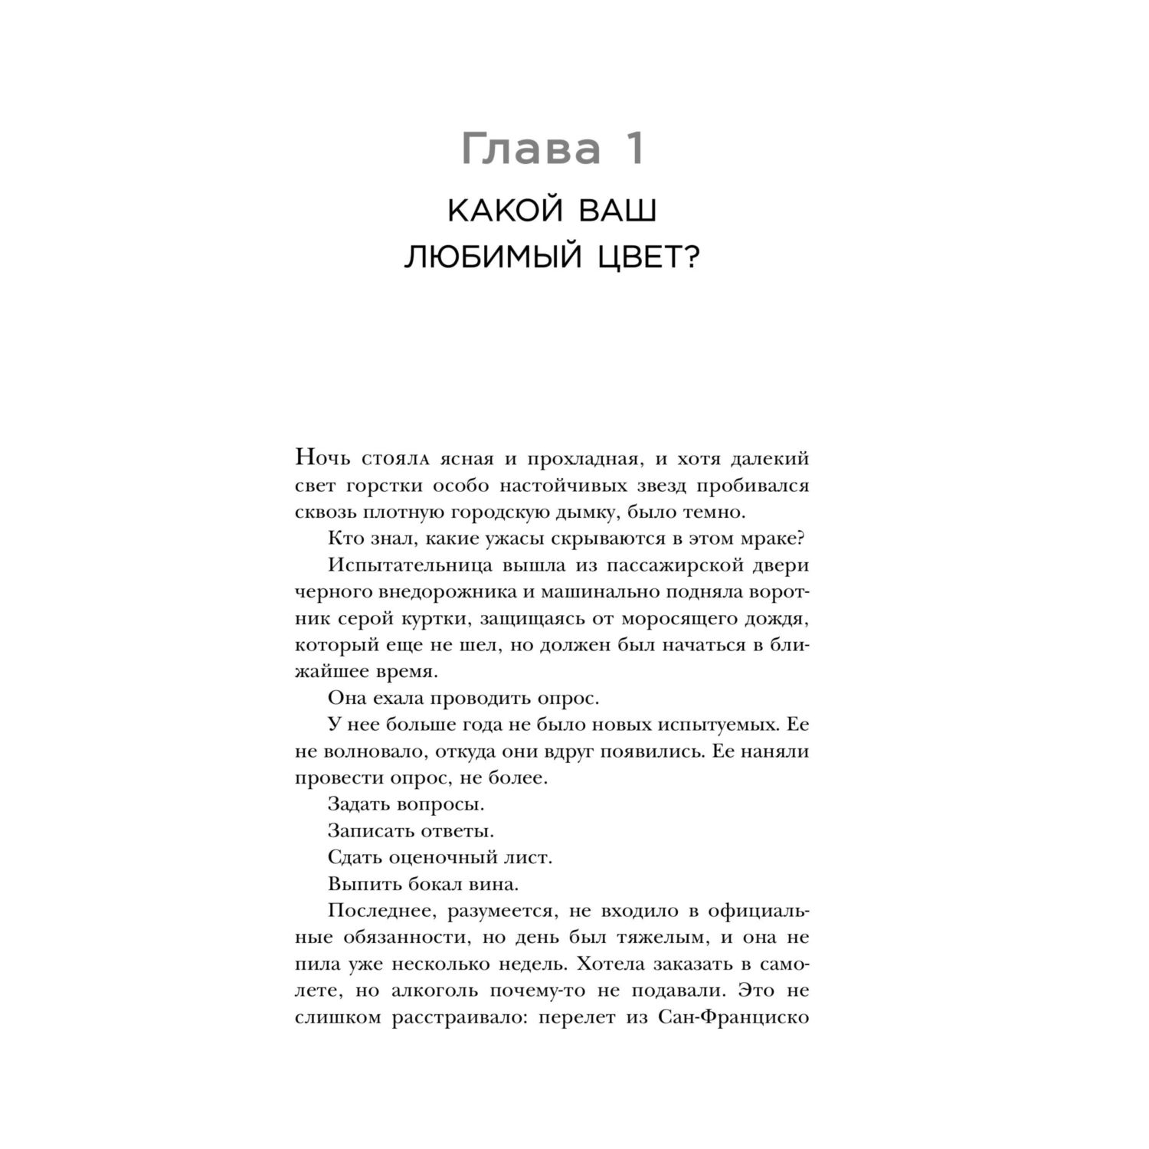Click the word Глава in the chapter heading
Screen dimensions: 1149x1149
click(x=532, y=149)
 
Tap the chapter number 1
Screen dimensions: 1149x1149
click(x=634, y=149)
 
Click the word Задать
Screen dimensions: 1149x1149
click(x=360, y=804)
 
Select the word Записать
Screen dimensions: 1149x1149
click(x=372, y=830)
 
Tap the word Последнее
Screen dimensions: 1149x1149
click(x=381, y=911)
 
